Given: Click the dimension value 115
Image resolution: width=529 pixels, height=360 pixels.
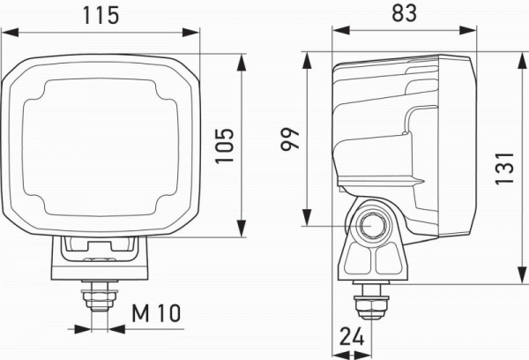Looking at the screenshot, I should (x=102, y=15).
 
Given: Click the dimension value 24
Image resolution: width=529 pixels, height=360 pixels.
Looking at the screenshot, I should (x=351, y=336).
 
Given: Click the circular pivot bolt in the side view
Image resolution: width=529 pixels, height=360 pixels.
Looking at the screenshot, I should (x=372, y=228).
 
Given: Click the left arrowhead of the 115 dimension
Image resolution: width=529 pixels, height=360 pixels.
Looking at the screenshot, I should (x=8, y=33).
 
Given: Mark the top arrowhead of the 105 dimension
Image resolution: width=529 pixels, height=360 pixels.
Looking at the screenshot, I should (x=242, y=59).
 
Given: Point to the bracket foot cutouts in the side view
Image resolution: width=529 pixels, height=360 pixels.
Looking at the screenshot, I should (x=371, y=261).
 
